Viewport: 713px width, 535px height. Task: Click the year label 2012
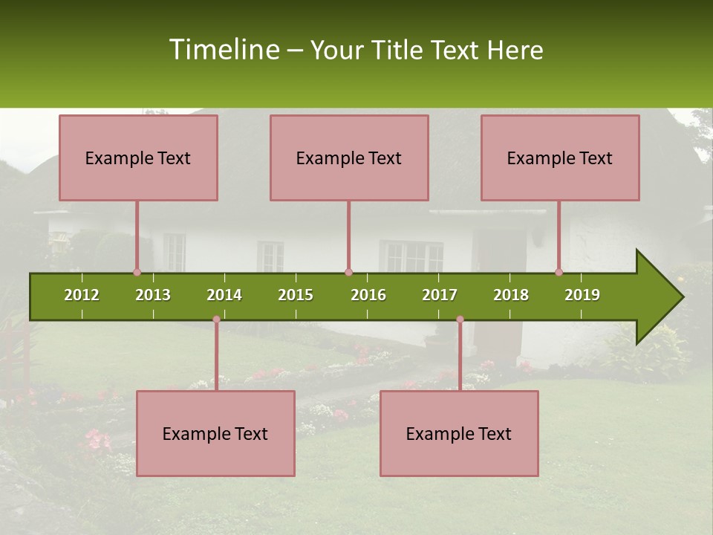tap(82, 295)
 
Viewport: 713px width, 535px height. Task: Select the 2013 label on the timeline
tap(153, 295)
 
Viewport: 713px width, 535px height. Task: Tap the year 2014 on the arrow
tap(224, 295)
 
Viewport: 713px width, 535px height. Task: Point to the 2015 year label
tap(296, 295)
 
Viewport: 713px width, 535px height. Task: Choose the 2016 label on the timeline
tap(368, 295)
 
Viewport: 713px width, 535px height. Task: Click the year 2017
tap(440, 295)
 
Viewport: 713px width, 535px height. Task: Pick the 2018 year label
tap(511, 295)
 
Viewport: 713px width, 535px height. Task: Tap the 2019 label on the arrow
tap(582, 295)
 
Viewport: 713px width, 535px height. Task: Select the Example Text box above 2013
tap(138, 158)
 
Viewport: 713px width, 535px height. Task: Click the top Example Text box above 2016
tap(349, 158)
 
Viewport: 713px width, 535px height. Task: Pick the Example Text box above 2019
tap(560, 158)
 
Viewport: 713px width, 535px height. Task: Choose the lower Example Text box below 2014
tap(215, 433)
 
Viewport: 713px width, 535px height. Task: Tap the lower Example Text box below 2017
tap(459, 433)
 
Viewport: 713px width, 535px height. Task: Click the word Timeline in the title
tap(224, 50)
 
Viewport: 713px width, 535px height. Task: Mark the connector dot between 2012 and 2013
tap(137, 272)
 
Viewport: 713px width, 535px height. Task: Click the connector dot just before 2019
tap(559, 272)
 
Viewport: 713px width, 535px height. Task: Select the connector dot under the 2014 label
tap(216, 320)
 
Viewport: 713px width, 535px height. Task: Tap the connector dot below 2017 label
tap(460, 320)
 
